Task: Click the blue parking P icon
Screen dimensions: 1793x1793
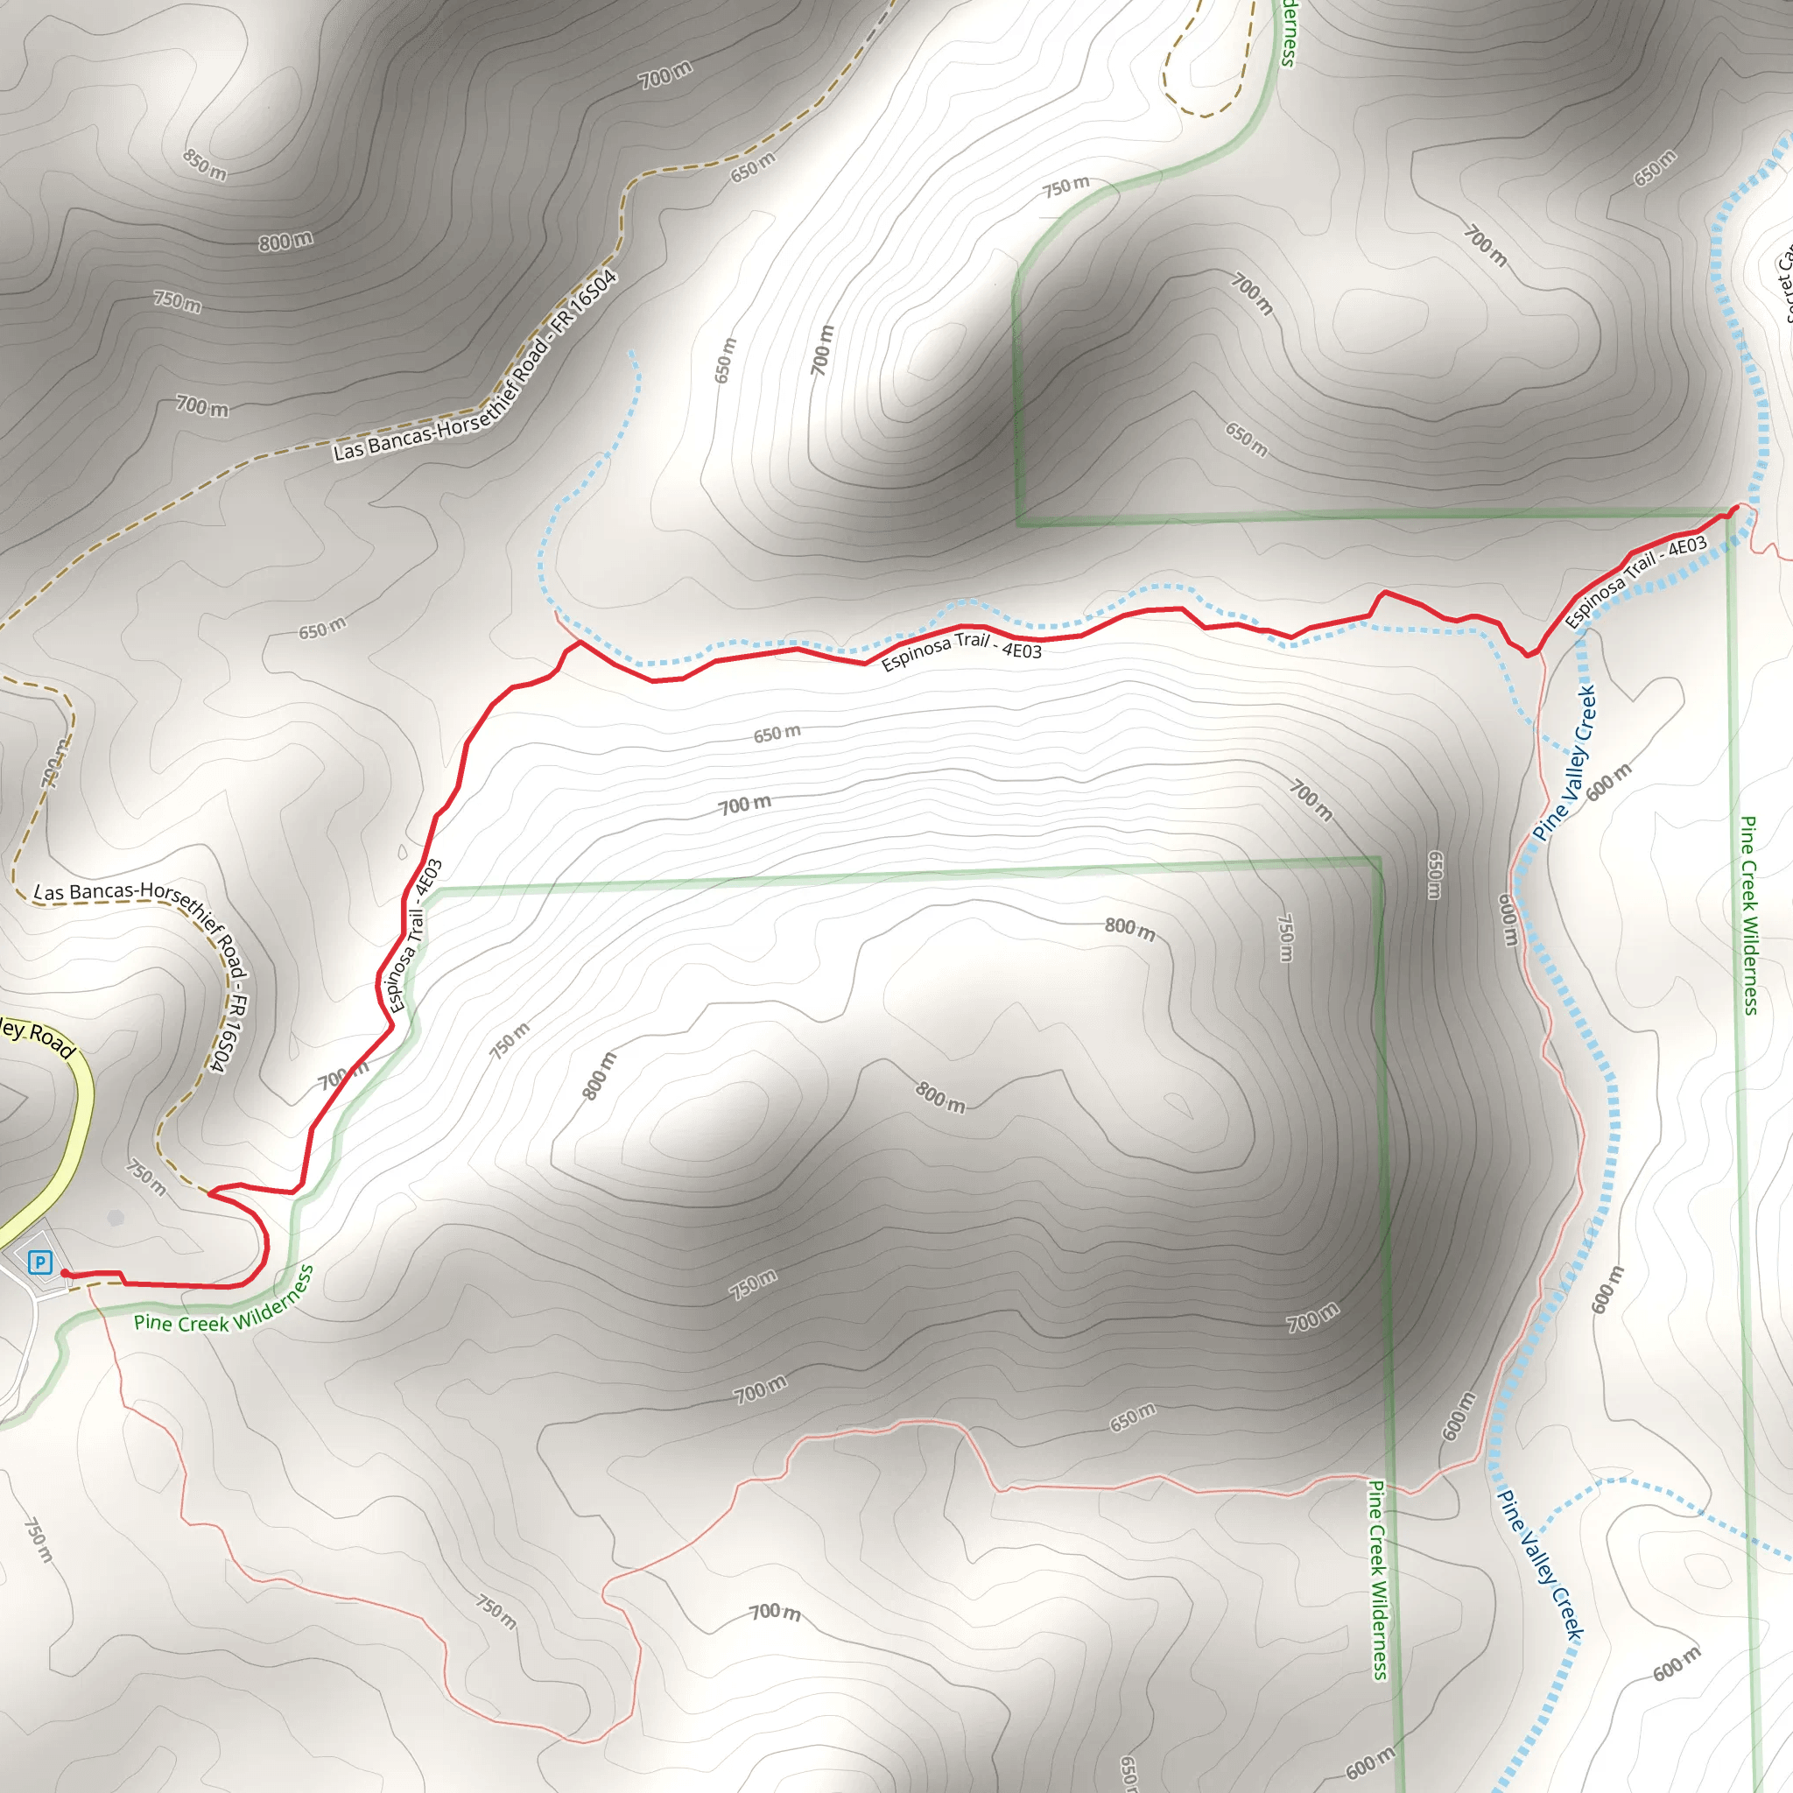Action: (40, 1262)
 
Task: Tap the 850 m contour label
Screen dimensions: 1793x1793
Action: (205, 165)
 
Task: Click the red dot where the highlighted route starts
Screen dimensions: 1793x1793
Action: (65, 1273)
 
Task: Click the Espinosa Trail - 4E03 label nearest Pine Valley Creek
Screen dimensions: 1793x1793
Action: (1635, 582)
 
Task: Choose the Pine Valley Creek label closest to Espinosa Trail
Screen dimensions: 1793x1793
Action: (1564, 763)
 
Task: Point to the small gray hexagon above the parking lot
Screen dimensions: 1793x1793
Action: (115, 1218)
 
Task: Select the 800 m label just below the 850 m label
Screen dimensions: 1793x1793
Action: (285, 242)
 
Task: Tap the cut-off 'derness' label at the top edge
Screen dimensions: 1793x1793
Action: (1287, 33)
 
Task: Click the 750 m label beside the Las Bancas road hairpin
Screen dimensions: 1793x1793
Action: (146, 1177)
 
